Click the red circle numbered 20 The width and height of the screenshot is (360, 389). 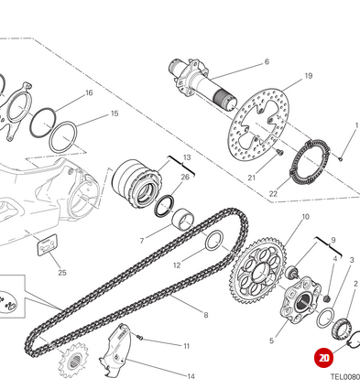tap(322, 359)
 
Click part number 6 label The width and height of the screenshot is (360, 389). tap(267, 62)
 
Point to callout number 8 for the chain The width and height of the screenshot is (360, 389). tap(206, 315)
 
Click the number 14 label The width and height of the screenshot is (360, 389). tap(191, 376)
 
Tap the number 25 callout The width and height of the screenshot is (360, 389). tap(61, 272)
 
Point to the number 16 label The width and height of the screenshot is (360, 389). tap(89, 93)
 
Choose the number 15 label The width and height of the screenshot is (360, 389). tap(115, 113)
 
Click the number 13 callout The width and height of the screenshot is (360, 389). tap(186, 157)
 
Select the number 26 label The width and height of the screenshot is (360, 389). tap(185, 177)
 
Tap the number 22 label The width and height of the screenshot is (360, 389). tap(273, 194)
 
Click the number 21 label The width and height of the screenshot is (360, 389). tap(252, 177)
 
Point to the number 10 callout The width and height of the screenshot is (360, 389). tap(305, 217)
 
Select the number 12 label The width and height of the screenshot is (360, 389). tap(177, 265)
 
